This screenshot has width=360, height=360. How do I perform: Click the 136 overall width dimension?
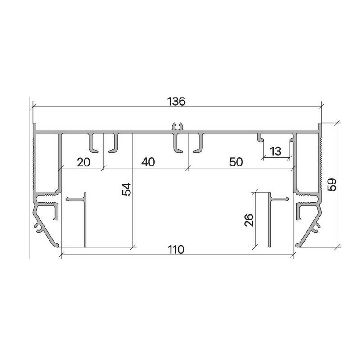tap(176, 102)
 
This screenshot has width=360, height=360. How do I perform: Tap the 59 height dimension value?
tap(332, 184)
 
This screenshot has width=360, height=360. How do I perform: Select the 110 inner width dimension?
tap(176, 250)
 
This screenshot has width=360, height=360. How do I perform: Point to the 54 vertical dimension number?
tap(126, 189)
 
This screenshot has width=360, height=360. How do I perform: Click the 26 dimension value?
tap(249, 220)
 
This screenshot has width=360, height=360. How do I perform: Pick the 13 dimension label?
tap(275, 151)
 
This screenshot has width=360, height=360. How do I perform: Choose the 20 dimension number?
tap(84, 162)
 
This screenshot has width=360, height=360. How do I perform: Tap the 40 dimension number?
tap(148, 162)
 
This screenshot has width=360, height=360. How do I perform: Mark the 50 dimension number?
tap(236, 162)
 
